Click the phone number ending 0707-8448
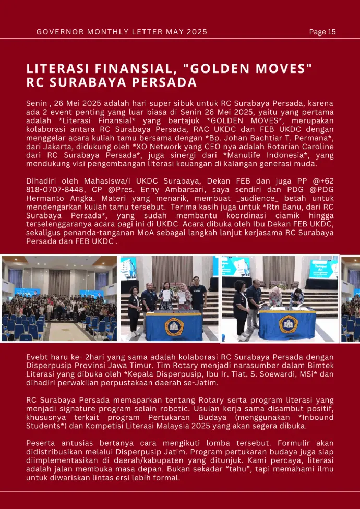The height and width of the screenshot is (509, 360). (50, 190)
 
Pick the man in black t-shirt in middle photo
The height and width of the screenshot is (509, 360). (198, 295)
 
